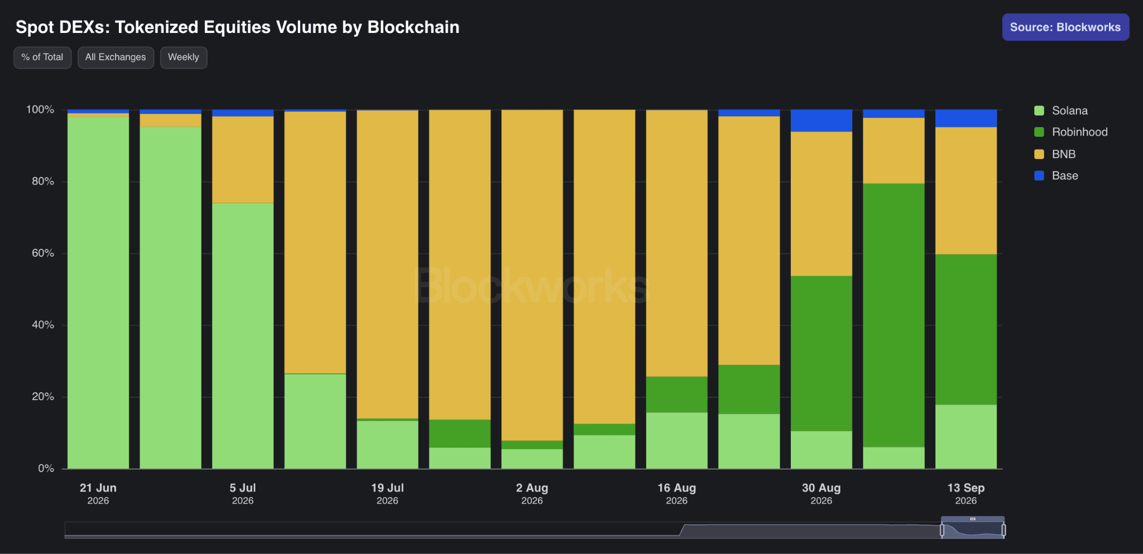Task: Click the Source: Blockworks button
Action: pos(1065,27)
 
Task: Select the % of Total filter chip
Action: pos(42,57)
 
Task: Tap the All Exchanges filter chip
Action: pos(116,57)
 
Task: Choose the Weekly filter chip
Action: pos(184,57)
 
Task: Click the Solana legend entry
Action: pos(1061,110)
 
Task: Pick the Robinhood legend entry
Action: pos(1071,132)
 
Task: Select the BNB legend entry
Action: pos(1055,154)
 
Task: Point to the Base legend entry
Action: pos(1056,176)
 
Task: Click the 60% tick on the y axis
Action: pos(43,253)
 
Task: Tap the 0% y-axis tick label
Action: pos(46,469)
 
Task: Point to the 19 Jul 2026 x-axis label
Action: pos(387,494)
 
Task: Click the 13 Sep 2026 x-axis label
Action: pos(966,494)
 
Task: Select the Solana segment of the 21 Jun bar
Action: pos(98,292)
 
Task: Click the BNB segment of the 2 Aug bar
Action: pos(532,275)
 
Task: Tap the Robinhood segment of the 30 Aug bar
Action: pos(822,354)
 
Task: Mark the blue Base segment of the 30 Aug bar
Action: pos(822,121)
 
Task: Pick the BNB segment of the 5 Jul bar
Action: pos(243,160)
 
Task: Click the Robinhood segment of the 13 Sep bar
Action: pos(966,330)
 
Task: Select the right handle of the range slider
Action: pos(1003,530)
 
